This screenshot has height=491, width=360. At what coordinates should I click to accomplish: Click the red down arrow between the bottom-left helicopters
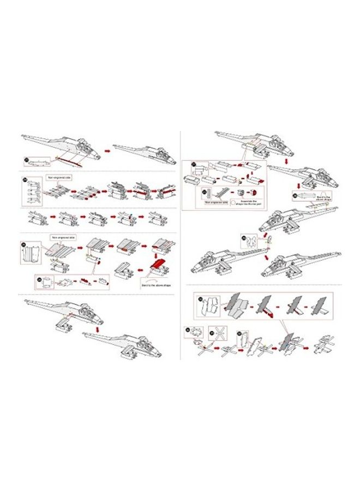coord(97,330)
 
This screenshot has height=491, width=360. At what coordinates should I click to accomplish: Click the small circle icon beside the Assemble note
coord(233,201)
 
